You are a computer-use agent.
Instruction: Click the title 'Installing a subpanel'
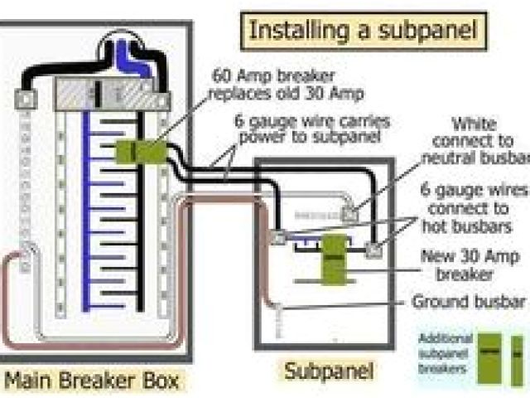coord(364,31)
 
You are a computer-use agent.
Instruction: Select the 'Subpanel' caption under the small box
coord(329,370)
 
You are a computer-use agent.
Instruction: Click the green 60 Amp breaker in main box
coord(141,151)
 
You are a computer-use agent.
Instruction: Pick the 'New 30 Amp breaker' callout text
coord(469,265)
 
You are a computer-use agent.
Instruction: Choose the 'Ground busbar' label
coord(469,301)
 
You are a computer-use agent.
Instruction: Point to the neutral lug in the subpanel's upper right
coord(351,213)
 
